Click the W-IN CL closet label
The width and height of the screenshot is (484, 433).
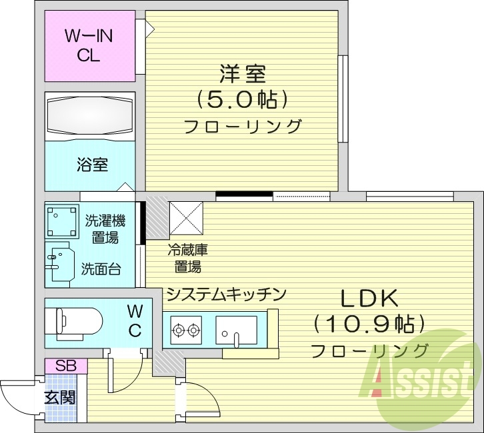click(x=89, y=45)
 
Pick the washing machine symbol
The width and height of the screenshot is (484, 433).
click(x=61, y=220)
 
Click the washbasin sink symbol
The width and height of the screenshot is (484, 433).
click(x=61, y=264)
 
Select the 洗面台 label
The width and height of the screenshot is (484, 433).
click(x=101, y=268)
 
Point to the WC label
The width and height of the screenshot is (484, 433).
click(x=135, y=320)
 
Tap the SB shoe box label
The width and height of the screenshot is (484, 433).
click(x=65, y=366)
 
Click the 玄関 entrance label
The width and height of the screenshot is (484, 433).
click(x=60, y=398)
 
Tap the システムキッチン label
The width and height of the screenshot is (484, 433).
click(x=226, y=294)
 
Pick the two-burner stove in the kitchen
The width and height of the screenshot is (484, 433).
click(x=186, y=328)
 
